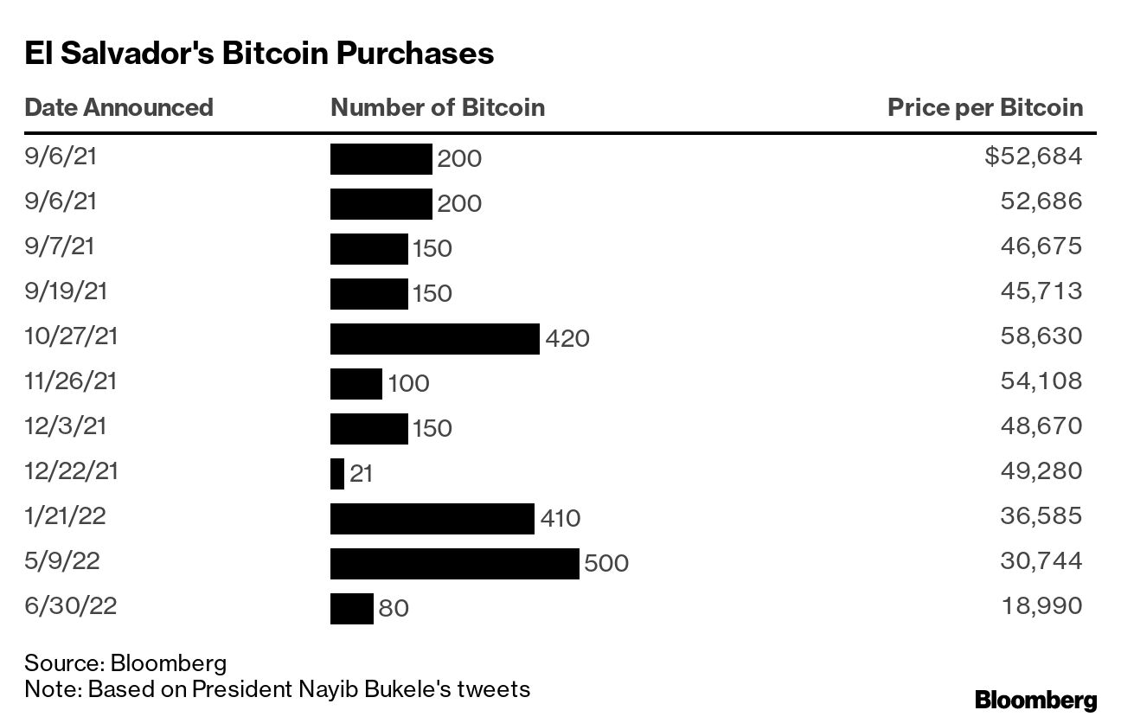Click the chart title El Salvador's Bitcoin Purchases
coord(259,54)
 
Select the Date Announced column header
coord(119,107)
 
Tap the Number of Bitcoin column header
coord(438,107)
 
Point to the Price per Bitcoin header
coord(985,107)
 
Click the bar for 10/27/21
coord(434,339)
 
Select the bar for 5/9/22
coord(454,564)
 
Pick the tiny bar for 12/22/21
coord(337,474)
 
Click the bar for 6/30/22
coord(351,609)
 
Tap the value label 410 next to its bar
coord(560,519)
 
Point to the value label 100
coord(408,384)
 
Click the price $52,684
coord(1033,157)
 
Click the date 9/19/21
coord(66,291)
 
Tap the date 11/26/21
coord(72,381)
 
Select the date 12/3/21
coord(66,425)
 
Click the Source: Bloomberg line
coord(125,663)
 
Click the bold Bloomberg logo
coord(1035,700)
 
